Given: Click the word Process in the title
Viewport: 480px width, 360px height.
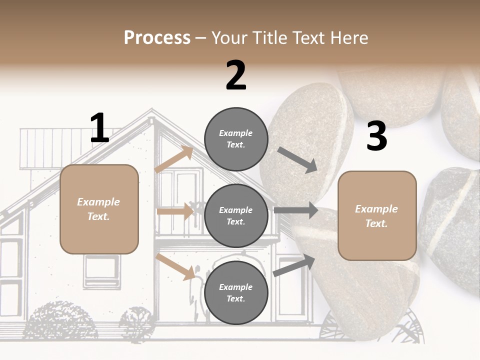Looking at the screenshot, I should [x=157, y=38].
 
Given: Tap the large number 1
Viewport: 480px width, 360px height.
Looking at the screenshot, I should [x=99, y=128].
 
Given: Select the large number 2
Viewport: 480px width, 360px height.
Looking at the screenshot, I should [x=236, y=75].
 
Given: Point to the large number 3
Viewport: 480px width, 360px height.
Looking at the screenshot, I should [x=376, y=136].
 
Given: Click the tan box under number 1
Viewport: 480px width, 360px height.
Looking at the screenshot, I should [x=99, y=209].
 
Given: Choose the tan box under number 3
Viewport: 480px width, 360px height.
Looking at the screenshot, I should [x=377, y=216].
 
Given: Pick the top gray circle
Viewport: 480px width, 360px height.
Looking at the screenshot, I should [x=236, y=139].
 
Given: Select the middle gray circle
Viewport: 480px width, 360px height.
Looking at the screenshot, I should [x=236, y=216].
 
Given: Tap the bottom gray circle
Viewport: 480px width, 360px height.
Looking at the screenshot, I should [x=236, y=293].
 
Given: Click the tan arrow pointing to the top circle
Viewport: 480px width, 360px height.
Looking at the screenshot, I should [x=174, y=160].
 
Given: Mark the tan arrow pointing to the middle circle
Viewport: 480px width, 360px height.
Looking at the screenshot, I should [x=175, y=211].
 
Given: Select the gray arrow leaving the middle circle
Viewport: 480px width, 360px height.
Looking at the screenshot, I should [x=295, y=210].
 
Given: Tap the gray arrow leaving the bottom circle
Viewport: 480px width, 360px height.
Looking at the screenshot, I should [x=294, y=265].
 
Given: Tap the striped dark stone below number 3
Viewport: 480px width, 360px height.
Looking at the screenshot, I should [x=450, y=225].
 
